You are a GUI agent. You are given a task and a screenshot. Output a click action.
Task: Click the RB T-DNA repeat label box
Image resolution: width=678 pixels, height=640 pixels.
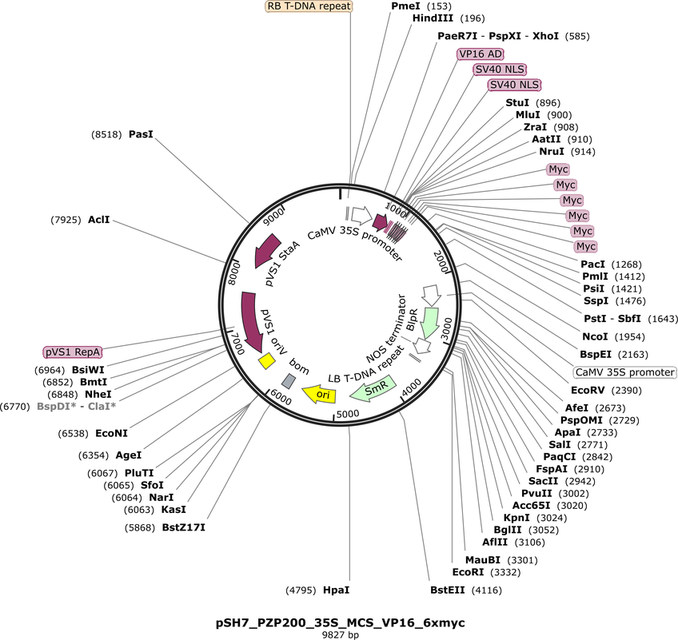coord(309,6)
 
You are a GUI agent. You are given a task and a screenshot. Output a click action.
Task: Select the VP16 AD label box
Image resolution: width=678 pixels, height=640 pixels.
coord(481,54)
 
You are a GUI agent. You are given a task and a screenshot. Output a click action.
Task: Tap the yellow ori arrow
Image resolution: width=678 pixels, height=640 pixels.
coord(319,394)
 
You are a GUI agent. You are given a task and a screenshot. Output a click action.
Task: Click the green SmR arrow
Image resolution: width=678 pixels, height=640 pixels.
coord(373,388)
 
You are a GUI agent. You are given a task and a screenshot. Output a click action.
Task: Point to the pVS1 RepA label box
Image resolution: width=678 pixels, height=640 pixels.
coord(73,352)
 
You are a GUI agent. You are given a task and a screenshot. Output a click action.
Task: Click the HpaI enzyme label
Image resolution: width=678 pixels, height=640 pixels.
coord(336,590)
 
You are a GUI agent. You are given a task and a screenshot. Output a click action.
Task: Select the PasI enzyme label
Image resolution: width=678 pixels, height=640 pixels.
coord(141,134)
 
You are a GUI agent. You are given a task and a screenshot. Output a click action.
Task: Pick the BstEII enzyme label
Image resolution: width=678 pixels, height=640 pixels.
coord(448,590)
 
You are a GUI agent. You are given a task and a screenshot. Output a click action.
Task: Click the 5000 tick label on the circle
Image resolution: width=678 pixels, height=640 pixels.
coord(348,414)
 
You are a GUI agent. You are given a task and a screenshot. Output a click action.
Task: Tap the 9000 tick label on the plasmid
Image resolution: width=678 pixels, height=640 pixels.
coord(274,217)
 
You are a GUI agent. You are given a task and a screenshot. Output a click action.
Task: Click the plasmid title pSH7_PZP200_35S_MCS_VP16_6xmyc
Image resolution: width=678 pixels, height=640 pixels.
coord(341,622)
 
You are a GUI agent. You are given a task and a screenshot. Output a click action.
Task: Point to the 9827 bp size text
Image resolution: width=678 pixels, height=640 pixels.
coord(341,635)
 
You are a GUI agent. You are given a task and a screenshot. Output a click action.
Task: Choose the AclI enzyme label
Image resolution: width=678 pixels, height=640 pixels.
coord(98,220)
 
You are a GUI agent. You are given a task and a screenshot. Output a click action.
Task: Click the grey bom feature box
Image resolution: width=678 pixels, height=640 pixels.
coord(289,380)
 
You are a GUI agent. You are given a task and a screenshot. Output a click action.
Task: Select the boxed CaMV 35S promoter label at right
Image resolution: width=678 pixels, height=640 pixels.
coord(624,372)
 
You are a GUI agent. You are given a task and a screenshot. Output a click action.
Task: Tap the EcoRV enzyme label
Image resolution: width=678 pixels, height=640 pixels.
coord(588,390)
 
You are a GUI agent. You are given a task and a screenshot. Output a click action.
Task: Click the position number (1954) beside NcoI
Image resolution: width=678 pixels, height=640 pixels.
coord(629,336)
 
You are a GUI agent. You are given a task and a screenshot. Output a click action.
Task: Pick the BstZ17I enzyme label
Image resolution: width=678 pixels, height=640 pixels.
coord(183,527)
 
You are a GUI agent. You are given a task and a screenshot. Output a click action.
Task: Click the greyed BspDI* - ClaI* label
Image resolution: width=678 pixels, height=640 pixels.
coord(77,406)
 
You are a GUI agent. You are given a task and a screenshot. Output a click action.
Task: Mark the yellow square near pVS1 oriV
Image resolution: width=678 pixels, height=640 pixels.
coord(266,361)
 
